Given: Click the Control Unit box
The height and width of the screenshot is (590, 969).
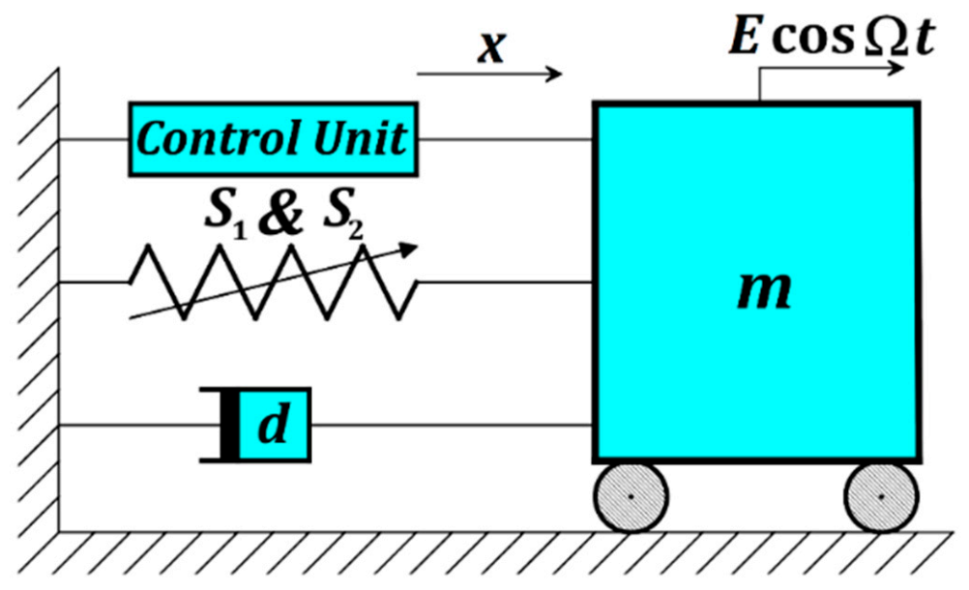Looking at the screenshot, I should click(274, 139).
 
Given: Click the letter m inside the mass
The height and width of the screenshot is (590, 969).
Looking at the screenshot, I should click(764, 288).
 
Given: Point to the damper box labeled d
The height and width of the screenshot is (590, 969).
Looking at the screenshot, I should click(275, 425).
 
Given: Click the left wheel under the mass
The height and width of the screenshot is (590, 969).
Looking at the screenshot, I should click(631, 496).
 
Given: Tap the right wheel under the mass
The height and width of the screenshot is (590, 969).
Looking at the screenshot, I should click(881, 496).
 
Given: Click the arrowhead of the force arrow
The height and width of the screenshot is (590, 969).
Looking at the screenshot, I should click(898, 69).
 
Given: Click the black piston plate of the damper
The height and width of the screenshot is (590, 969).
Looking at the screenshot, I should click(229, 425).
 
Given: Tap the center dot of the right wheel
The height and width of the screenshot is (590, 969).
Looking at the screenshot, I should click(881, 496).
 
